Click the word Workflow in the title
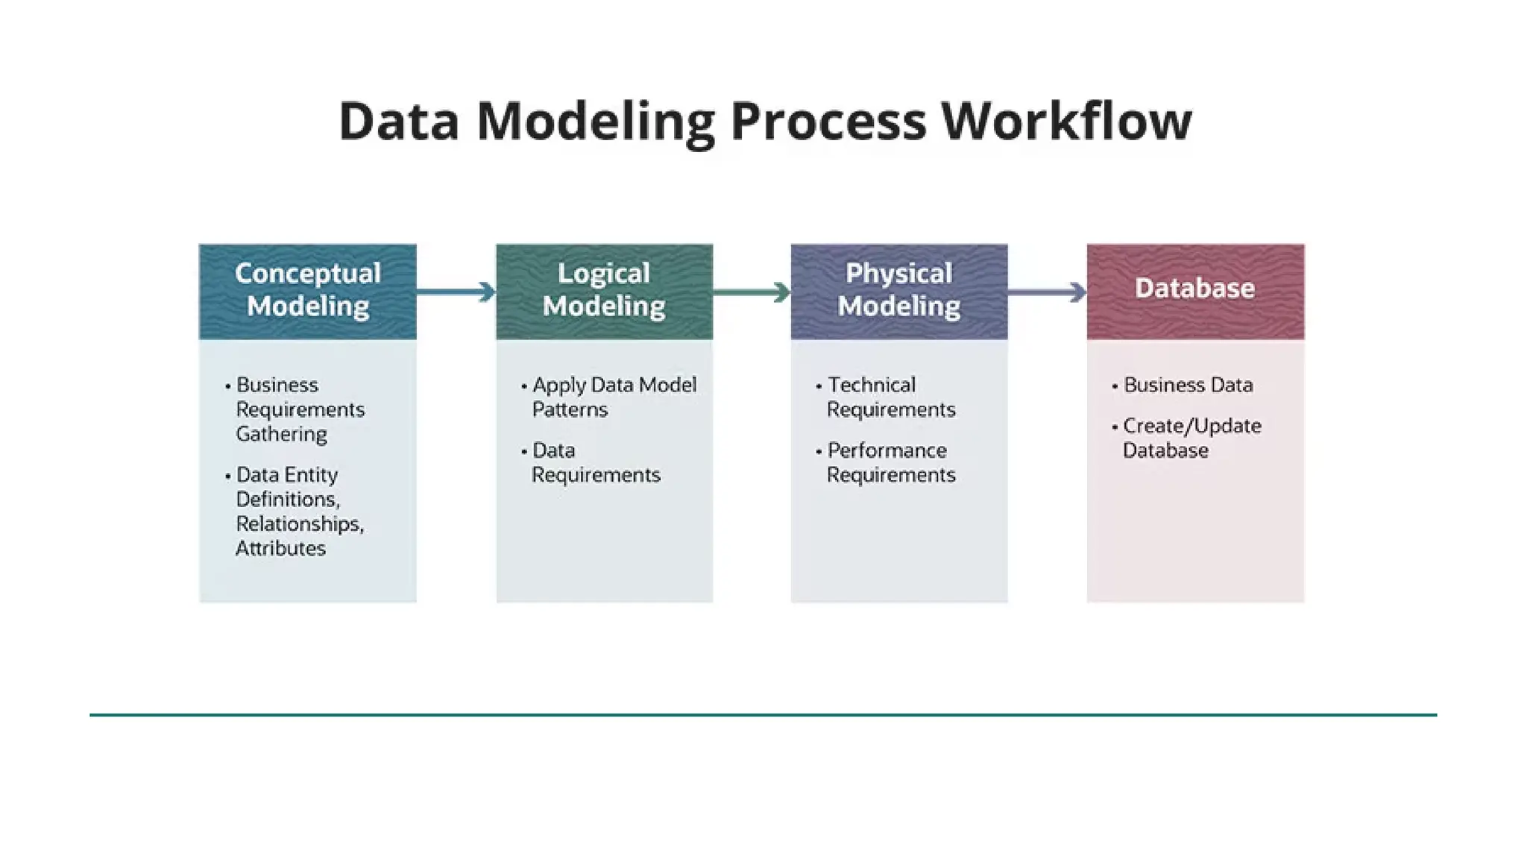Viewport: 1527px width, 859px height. [1066, 121]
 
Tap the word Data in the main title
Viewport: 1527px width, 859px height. [398, 121]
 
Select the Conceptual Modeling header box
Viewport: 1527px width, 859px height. [307, 291]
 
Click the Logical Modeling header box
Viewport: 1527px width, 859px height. [604, 291]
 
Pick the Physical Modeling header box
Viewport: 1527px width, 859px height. [898, 291]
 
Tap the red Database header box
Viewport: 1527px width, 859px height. [1195, 291]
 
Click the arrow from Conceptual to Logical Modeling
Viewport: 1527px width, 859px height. [456, 292]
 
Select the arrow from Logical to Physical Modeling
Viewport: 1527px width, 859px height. [752, 292]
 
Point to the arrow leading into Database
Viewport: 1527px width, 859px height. [1047, 292]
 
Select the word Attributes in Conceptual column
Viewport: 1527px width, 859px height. [280, 549]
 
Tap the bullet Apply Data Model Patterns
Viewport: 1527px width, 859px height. [613, 397]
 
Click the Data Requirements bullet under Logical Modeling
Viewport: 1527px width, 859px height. [595, 463]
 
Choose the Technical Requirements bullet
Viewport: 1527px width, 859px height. [890, 397]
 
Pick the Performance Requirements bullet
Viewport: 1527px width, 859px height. [890, 463]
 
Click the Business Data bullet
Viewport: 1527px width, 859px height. [1187, 386]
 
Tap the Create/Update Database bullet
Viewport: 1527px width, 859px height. [1191, 438]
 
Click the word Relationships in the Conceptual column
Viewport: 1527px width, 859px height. [299, 524]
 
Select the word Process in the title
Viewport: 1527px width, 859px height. [828, 121]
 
